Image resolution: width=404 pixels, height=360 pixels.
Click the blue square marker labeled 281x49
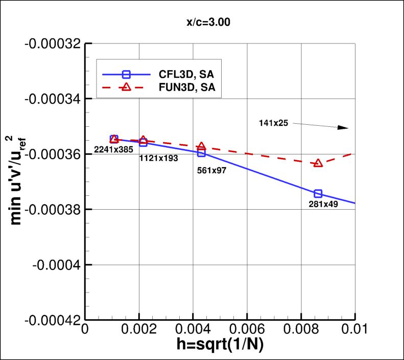point(318,193)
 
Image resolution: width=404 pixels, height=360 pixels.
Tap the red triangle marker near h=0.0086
point(318,163)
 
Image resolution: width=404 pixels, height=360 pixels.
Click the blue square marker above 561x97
point(201,152)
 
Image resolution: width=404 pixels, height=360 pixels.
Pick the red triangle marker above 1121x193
point(144,140)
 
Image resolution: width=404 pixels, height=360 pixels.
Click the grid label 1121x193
point(158,159)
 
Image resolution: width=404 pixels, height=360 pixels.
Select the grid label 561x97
point(211,170)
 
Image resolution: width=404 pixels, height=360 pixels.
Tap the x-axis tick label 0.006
point(247,330)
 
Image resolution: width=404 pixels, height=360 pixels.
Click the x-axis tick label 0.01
point(354,330)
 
